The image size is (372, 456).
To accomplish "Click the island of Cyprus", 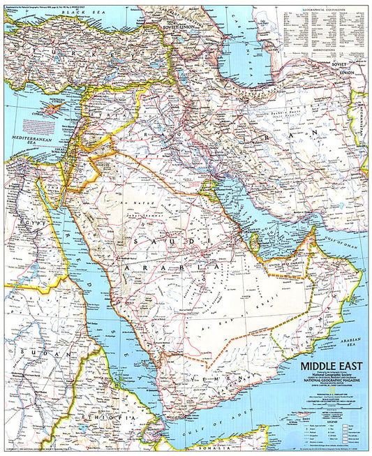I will click(50, 110).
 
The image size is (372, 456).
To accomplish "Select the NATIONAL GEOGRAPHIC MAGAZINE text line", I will click(328, 379).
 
